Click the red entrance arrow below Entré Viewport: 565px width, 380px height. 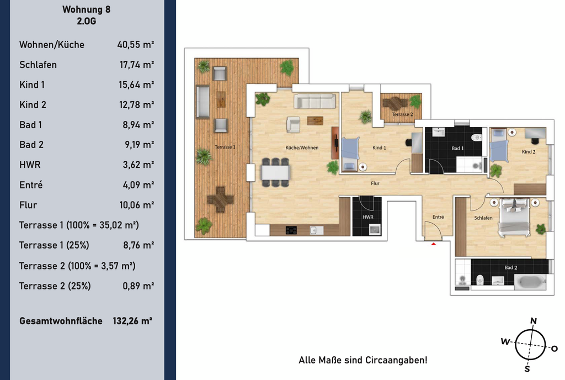434,244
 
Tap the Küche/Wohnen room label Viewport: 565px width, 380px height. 302,147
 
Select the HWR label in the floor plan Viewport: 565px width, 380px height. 368,217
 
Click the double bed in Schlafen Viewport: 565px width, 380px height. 514,218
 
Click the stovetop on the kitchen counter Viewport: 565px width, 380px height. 291,230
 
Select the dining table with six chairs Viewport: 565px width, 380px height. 275,172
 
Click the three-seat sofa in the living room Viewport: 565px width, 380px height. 315,101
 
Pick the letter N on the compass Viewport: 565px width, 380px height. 534,321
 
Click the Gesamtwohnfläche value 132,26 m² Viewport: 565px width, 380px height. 132,321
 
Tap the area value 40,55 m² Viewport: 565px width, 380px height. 136,45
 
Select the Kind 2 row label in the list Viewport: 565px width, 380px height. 33,105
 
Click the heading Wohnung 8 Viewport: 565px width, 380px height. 87,9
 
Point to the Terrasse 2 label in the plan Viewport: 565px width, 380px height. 402,114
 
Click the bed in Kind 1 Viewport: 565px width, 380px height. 350,154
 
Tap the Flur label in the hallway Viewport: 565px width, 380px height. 375,183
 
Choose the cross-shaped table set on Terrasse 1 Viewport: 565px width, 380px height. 220,199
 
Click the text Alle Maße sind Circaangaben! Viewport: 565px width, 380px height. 363,360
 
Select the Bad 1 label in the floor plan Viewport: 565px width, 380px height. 457,148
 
